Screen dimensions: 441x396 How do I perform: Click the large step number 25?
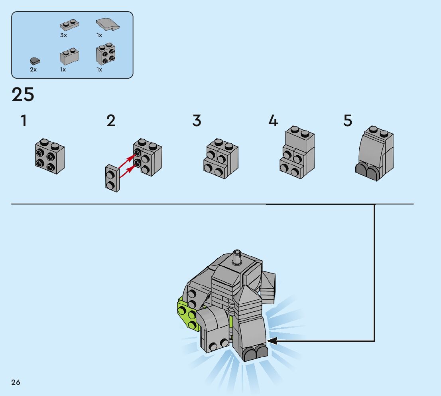[x=23, y=95]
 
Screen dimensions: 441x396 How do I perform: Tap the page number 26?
[x=16, y=382]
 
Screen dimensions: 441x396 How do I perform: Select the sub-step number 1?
[x=24, y=121]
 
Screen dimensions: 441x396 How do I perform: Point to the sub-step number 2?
[x=111, y=121]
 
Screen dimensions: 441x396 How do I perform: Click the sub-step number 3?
[x=197, y=121]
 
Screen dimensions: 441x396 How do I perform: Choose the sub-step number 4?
[x=273, y=121]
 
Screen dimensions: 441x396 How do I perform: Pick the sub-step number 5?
[x=348, y=121]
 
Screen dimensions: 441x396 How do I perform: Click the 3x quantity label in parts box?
[x=64, y=35]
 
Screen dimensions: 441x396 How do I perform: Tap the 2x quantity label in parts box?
[x=33, y=69]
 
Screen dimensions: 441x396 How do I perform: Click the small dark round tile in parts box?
[x=35, y=61]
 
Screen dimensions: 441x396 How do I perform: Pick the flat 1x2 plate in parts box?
[x=69, y=25]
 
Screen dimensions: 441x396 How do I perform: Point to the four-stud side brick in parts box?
[x=106, y=55]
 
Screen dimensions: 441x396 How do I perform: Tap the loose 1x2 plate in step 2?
[x=112, y=178]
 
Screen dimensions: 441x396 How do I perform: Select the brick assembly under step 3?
[x=220, y=158]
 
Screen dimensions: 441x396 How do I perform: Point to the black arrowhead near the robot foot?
[x=272, y=341]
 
